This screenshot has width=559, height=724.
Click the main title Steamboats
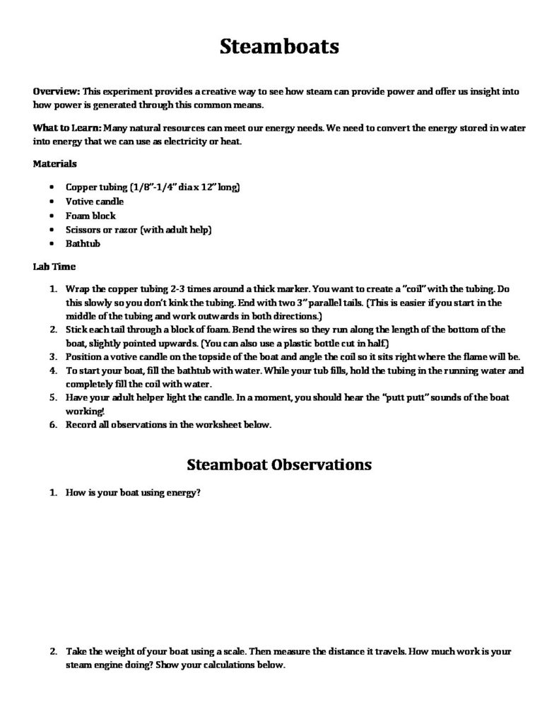[279, 47]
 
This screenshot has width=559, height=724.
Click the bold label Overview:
[57, 91]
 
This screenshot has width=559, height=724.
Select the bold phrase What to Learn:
[67, 128]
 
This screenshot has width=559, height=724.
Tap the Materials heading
[55, 164]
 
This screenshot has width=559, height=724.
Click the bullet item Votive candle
[95, 202]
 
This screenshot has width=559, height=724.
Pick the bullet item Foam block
[90, 216]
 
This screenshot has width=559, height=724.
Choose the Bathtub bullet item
[83, 244]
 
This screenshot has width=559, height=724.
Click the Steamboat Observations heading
[279, 465]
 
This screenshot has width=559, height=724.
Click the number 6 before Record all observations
[53, 425]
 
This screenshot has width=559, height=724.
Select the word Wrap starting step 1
[77, 290]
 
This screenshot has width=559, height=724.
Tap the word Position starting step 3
[83, 356]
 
